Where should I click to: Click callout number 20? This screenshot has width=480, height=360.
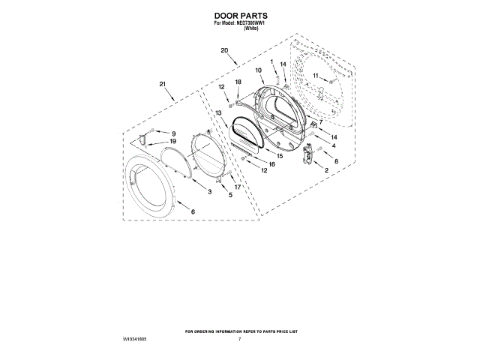coord(224,51)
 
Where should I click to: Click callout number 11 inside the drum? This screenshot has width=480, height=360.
coord(316,76)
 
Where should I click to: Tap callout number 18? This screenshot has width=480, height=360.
coord(238,82)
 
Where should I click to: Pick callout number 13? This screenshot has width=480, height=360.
coord(218,112)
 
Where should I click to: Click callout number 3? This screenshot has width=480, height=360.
coord(210,193)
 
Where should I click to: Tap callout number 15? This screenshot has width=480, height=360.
coord(279,156)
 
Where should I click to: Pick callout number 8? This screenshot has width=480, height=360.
coord(336,161)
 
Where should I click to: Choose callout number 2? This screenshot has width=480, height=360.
coord(326,171)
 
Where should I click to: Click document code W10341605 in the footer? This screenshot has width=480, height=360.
coord(134,340)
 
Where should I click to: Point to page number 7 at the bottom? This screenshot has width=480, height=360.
coord(239,340)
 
